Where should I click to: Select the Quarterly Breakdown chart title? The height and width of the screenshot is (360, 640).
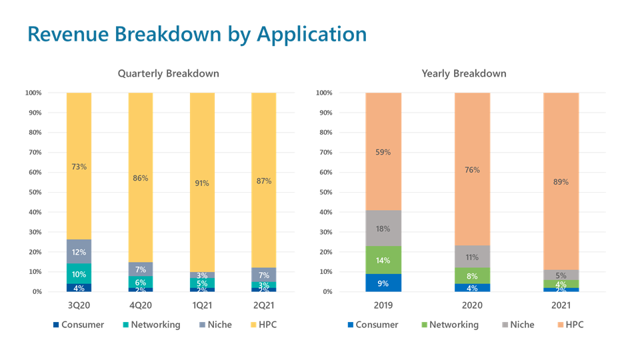point(169,73)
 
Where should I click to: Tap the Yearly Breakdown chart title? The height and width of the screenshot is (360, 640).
point(464,73)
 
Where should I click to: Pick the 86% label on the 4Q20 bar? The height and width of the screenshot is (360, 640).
point(141,179)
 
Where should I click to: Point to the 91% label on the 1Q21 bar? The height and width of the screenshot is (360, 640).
point(202,183)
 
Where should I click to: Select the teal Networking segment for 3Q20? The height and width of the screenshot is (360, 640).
point(79,274)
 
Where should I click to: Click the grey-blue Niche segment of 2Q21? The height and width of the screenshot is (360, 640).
point(263,275)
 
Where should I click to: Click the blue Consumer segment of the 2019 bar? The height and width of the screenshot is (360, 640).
point(383,283)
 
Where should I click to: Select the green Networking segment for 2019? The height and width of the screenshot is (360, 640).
point(383,260)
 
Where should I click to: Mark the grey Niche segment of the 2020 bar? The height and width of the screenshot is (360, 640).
point(473,257)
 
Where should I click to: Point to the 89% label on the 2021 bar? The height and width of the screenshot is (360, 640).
point(561,181)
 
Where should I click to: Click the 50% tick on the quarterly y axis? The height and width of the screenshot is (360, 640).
point(33,192)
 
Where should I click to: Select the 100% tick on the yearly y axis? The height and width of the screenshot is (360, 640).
point(323,93)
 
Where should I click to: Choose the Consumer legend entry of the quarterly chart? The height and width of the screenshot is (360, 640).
point(80,325)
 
